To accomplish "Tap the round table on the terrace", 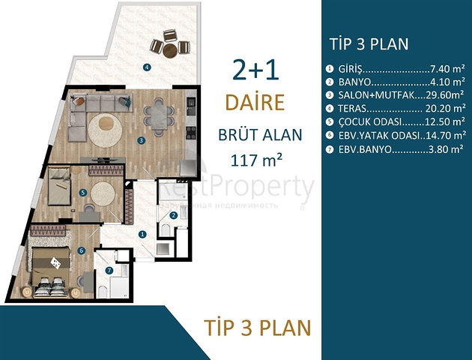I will (x=170, y=50).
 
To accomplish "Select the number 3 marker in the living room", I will (x=141, y=139).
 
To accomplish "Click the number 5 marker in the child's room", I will (x=83, y=192).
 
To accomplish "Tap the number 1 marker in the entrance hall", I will (x=142, y=233).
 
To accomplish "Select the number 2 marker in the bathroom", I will (x=174, y=215).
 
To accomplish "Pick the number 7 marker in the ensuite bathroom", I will (x=109, y=271).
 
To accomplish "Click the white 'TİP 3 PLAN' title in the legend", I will (x=369, y=43).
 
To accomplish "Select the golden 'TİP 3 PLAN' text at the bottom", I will (x=257, y=327).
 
